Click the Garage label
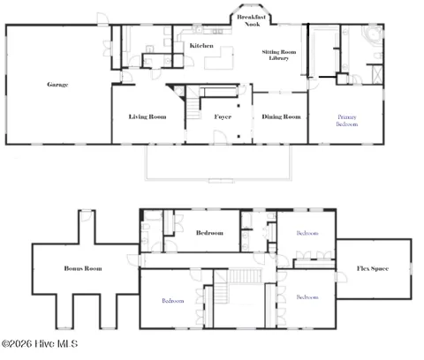(x=57, y=85)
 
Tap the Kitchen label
(x=201, y=46)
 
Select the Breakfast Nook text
(x=252, y=20)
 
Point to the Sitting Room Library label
(x=279, y=55)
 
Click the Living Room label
(x=148, y=116)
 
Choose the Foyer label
(x=223, y=116)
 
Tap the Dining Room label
(x=281, y=116)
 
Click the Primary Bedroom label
(x=347, y=121)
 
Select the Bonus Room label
(x=83, y=268)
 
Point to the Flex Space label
(x=373, y=268)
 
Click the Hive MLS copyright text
(x=40, y=344)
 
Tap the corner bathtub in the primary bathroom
(x=372, y=34)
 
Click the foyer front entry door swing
(x=220, y=137)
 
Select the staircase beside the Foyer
(x=193, y=109)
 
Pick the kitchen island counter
(x=219, y=58)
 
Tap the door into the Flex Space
(x=341, y=277)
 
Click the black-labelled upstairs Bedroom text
(x=209, y=233)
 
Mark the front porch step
(x=222, y=181)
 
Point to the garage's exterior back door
(x=103, y=19)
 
